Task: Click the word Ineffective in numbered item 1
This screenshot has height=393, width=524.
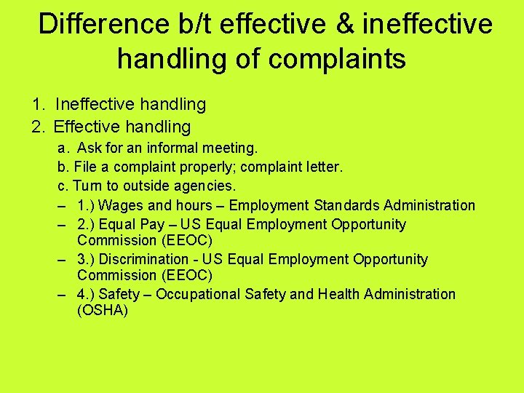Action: pyautogui.click(x=94, y=105)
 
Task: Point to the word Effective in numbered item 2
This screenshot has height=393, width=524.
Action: pyautogui.click(x=90, y=127)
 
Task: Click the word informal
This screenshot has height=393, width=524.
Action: pyautogui.click(x=174, y=148)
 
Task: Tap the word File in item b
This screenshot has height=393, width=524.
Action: pyautogui.click(x=87, y=167)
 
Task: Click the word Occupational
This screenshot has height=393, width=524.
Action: pyautogui.click(x=196, y=294)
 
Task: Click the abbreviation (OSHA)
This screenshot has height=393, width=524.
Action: pyautogui.click(x=103, y=311)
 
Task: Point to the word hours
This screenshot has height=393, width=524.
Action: pyautogui.click(x=193, y=205)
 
